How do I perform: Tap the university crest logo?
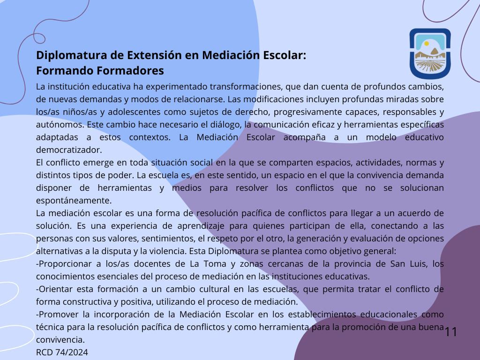[x=430, y=54]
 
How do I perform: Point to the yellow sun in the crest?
[x=427, y=44]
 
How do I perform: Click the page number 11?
[x=451, y=332]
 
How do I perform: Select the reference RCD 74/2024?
[x=62, y=352]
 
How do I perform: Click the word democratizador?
[x=69, y=150]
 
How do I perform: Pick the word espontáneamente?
[x=74, y=201]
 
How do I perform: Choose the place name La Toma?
[x=208, y=264]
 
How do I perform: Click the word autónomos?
[x=60, y=125]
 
